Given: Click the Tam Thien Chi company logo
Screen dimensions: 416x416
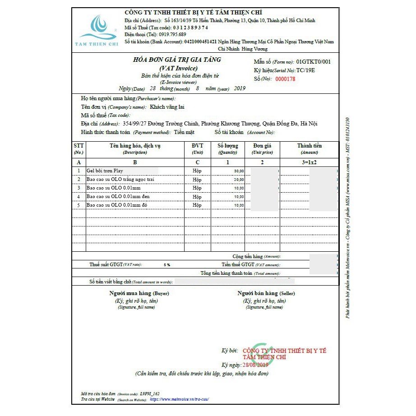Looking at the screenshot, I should tap(98, 30).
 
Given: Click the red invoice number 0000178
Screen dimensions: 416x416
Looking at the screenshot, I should tap(285, 79).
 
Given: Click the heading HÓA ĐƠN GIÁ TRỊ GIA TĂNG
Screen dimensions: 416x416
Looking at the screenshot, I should tap(177, 60).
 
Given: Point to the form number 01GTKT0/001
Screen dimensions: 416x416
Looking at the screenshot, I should tap(314, 62).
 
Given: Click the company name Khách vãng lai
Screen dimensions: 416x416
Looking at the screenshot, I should tap(167, 107).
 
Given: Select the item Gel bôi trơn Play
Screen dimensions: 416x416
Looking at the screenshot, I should tap(105, 171).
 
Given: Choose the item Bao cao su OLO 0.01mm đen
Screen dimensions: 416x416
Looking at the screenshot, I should tap(118, 197).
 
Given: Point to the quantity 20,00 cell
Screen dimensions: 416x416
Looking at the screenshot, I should tap(239, 180).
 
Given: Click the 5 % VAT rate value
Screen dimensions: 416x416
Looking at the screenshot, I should tap(167, 265).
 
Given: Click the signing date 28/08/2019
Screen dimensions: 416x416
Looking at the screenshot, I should tap(255, 365).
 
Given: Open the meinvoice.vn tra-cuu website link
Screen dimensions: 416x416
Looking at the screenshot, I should tap(179, 399).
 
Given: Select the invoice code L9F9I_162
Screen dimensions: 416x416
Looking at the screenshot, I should tap(150, 393).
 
